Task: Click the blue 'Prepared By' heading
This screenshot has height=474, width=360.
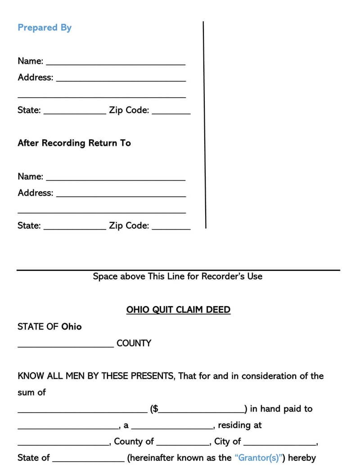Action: pyautogui.click(x=45, y=27)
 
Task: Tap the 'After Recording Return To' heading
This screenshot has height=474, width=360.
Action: pyautogui.click(x=74, y=143)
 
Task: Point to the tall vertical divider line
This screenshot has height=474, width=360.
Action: pyautogui.click(x=204, y=124)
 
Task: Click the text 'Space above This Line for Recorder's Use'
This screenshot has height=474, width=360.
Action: pyautogui.click(x=177, y=276)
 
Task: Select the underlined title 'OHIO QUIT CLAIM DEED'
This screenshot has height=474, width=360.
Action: pyautogui.click(x=178, y=310)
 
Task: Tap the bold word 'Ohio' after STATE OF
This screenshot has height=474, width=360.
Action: pyautogui.click(x=72, y=326)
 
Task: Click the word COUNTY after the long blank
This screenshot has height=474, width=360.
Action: pyautogui.click(x=134, y=343)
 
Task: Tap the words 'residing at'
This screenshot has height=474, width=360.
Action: pyautogui.click(x=240, y=425)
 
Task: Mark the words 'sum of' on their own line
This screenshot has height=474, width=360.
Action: pyautogui.click(x=31, y=392)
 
